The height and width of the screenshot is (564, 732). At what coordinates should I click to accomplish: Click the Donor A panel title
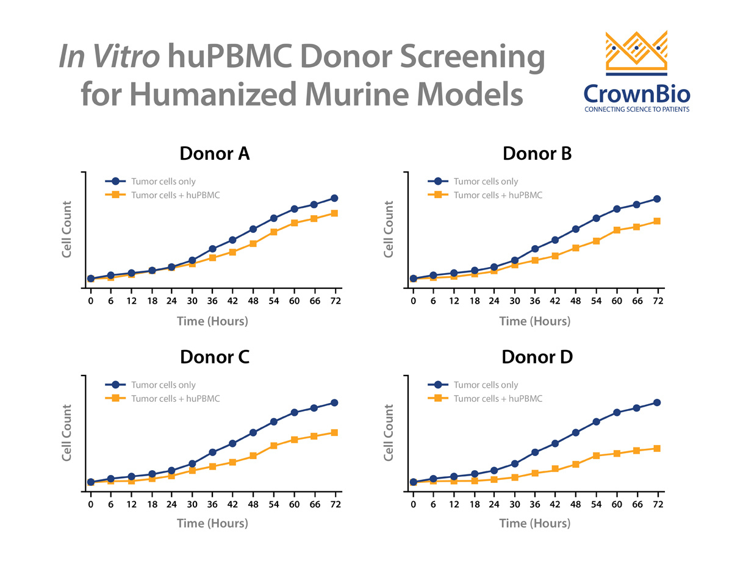[215, 154]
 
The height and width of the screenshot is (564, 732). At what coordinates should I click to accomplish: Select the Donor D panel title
[537, 357]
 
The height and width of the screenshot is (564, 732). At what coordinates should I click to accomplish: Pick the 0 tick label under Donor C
[91, 505]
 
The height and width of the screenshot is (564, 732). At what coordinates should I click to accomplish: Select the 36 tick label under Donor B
[535, 301]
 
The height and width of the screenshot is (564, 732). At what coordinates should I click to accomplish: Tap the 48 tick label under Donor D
[576, 505]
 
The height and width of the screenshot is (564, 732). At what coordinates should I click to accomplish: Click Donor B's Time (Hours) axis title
[535, 321]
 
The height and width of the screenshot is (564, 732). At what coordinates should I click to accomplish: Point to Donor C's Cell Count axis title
[68, 432]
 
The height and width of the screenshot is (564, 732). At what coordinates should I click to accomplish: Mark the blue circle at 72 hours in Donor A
[335, 198]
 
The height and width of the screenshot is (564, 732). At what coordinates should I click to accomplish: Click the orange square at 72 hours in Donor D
[658, 448]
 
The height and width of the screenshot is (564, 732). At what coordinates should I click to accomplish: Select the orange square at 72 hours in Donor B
[658, 221]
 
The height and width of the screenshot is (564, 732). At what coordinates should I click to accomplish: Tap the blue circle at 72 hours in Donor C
[335, 402]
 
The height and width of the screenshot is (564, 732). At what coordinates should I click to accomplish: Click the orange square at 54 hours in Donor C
[274, 446]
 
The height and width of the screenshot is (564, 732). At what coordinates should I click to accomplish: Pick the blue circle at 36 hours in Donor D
[535, 452]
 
